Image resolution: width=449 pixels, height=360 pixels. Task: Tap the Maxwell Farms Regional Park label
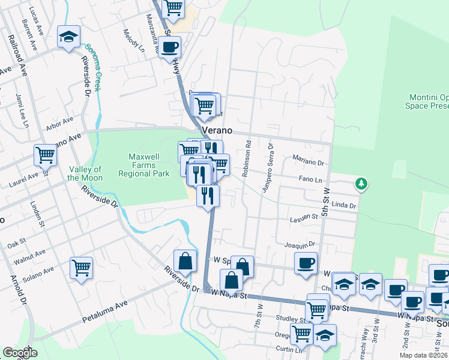tap(143, 165)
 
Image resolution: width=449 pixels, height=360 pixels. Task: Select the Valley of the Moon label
tap(85, 173)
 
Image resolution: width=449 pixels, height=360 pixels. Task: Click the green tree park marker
tap(361, 183)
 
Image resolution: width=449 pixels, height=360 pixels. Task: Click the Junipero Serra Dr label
tap(266, 169)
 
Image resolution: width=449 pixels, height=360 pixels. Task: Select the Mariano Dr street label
tap(308, 159)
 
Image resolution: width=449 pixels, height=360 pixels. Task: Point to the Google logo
tap(20, 353)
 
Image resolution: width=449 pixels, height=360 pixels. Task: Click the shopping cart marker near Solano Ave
tap(81, 268)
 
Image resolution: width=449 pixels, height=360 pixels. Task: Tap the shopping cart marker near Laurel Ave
tap(45, 156)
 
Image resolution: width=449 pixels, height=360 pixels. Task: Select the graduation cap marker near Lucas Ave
tap(69, 37)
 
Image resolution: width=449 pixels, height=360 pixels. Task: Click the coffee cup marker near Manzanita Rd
tap(170, 46)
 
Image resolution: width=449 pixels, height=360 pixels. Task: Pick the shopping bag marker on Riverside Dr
tap(185, 261)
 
